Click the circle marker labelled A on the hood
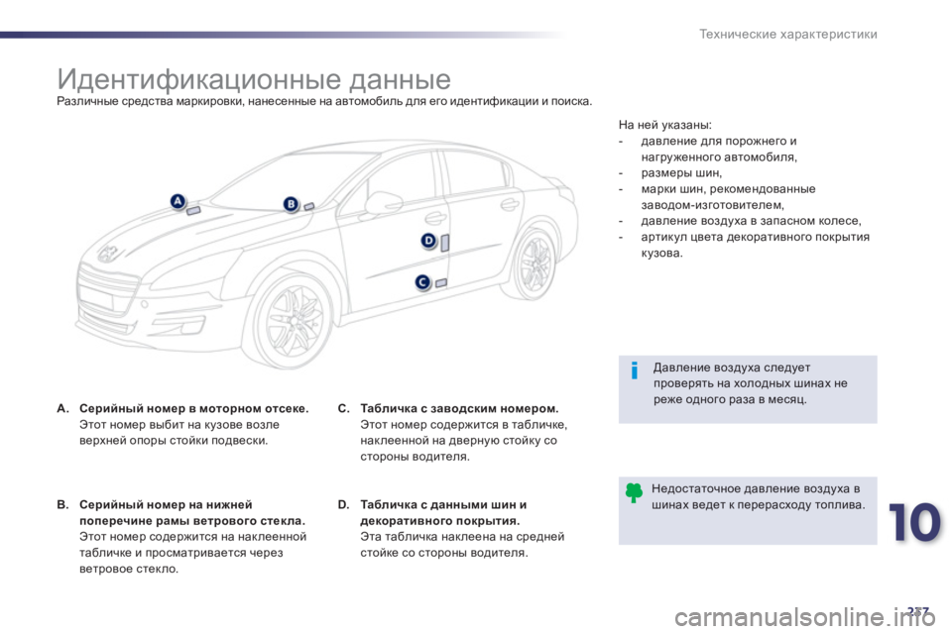[178, 201]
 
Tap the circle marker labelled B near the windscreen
[291, 204]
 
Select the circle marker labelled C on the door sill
[422, 282]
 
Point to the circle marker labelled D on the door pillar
[428, 241]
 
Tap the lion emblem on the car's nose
[109, 253]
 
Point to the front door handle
[434, 218]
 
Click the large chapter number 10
[914, 522]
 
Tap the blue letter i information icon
[635, 370]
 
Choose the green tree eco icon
[634, 492]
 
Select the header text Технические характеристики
[788, 34]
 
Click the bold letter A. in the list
[62, 408]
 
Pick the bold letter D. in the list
[344, 505]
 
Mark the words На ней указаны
[664, 125]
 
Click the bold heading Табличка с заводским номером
[459, 408]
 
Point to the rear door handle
[510, 204]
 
